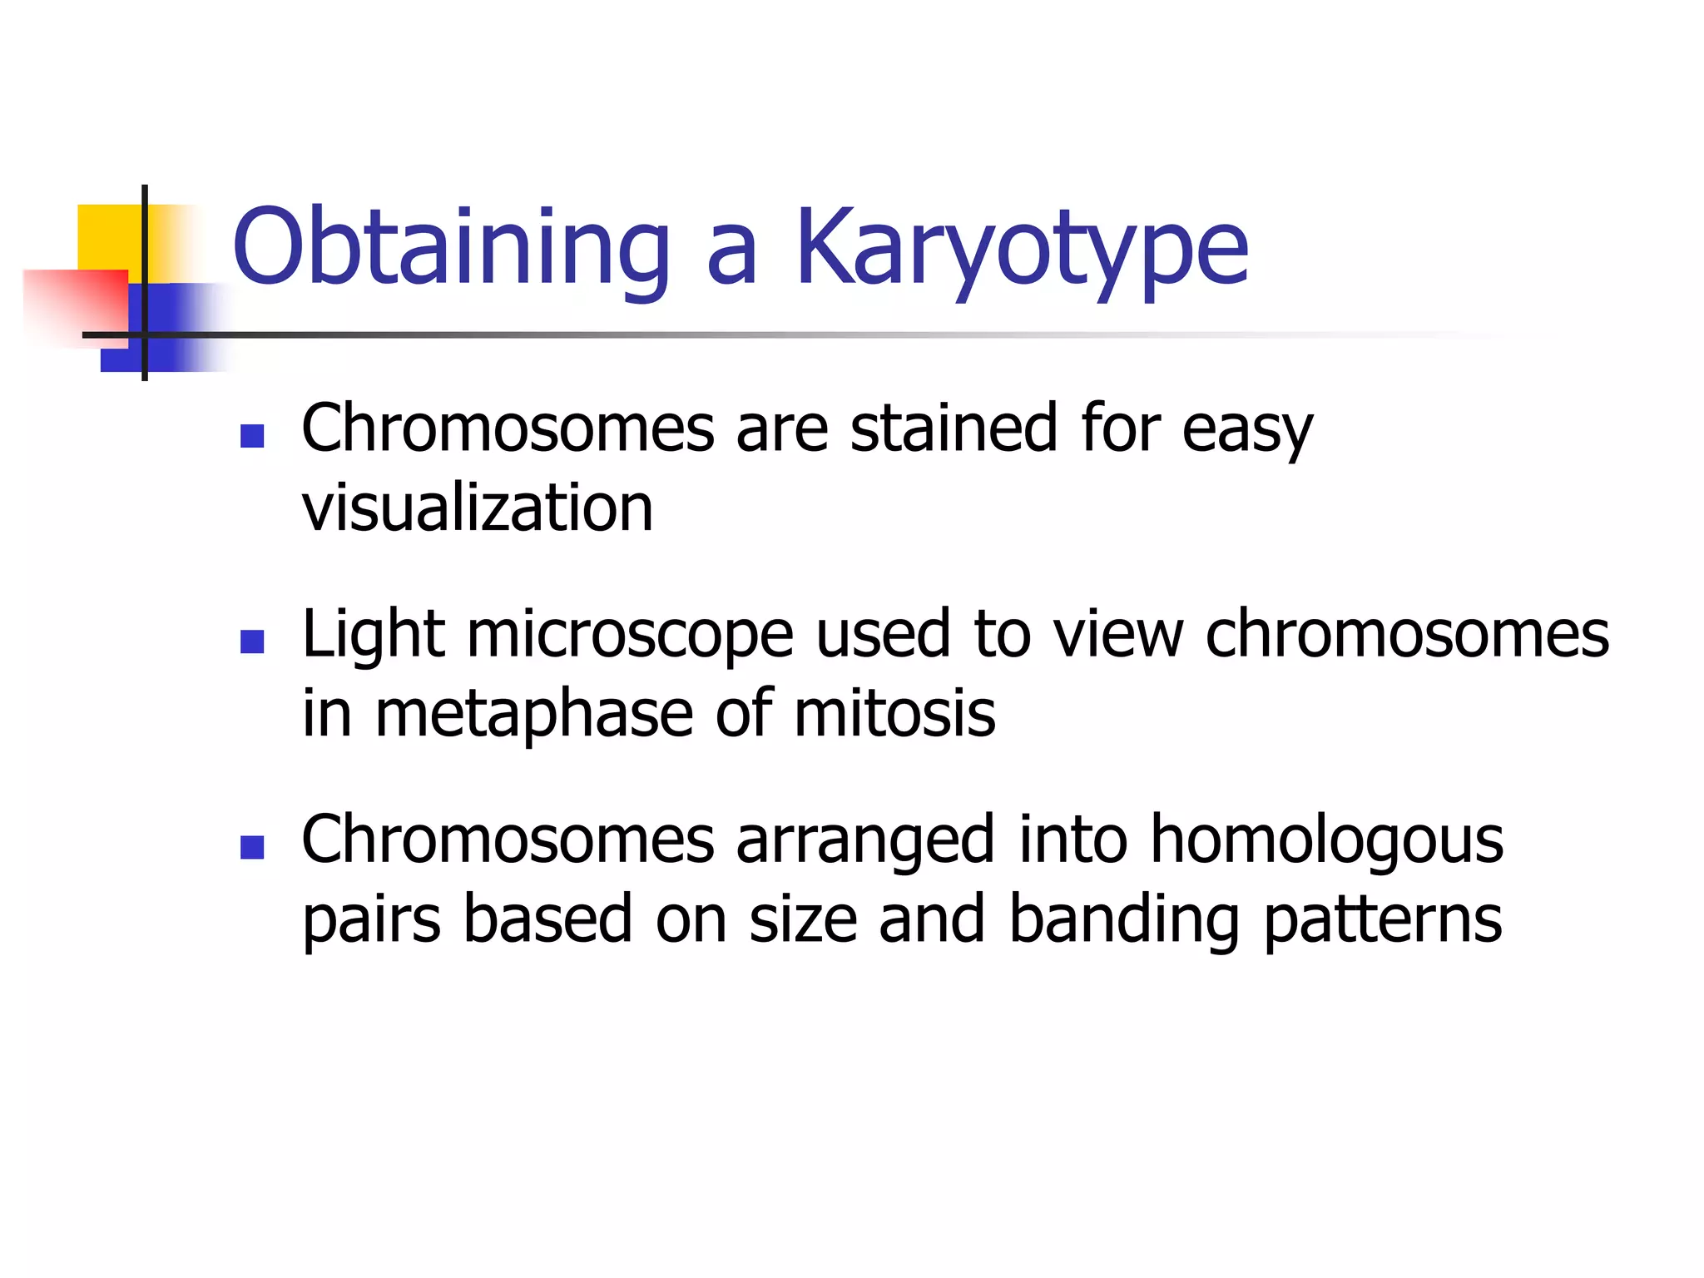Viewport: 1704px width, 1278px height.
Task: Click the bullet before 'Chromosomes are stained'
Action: coord(251,436)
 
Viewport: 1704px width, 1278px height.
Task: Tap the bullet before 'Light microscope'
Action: coord(251,641)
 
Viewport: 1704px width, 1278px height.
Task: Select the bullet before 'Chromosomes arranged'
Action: coord(251,847)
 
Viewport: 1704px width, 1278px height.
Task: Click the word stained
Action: coord(954,428)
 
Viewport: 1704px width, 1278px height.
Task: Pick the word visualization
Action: coord(478,508)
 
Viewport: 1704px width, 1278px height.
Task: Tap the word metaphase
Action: coord(533,714)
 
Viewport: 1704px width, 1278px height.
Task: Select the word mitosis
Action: coord(894,714)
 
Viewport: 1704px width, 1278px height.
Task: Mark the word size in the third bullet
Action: coord(802,919)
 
